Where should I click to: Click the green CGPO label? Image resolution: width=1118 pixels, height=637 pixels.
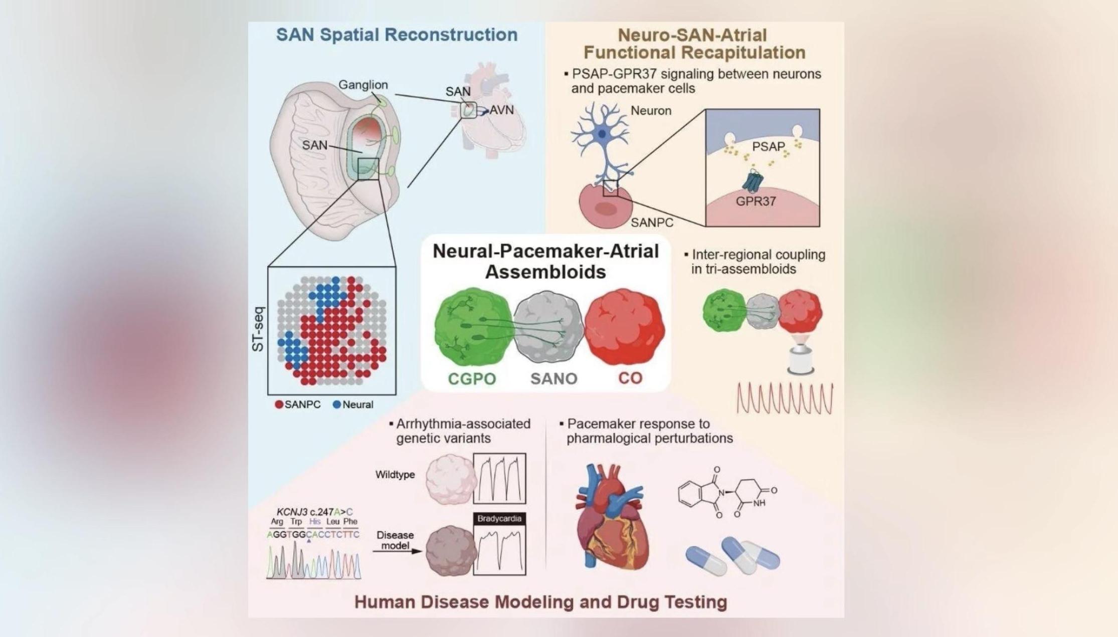click(x=472, y=378)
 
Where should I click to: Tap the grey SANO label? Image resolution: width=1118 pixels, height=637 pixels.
click(x=554, y=378)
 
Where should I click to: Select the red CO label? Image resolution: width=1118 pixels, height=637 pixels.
click(x=630, y=378)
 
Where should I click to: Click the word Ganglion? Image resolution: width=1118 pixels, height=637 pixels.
click(x=363, y=85)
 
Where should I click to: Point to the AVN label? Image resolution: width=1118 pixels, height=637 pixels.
click(x=501, y=110)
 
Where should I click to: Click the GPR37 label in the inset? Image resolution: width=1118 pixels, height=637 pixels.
click(x=756, y=201)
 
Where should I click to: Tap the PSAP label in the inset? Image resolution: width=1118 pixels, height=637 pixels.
click(x=769, y=146)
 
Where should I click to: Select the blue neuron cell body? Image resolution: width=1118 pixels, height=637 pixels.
click(x=602, y=134)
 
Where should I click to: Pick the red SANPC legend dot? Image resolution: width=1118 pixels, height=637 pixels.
click(x=279, y=404)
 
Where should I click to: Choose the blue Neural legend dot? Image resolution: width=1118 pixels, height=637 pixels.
click(x=337, y=404)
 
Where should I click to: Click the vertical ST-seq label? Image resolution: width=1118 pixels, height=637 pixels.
click(x=258, y=329)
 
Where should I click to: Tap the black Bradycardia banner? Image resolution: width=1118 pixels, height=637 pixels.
click(x=499, y=519)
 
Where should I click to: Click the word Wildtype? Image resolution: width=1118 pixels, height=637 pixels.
click(x=395, y=475)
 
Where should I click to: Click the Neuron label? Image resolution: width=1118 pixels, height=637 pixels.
click(x=651, y=111)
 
